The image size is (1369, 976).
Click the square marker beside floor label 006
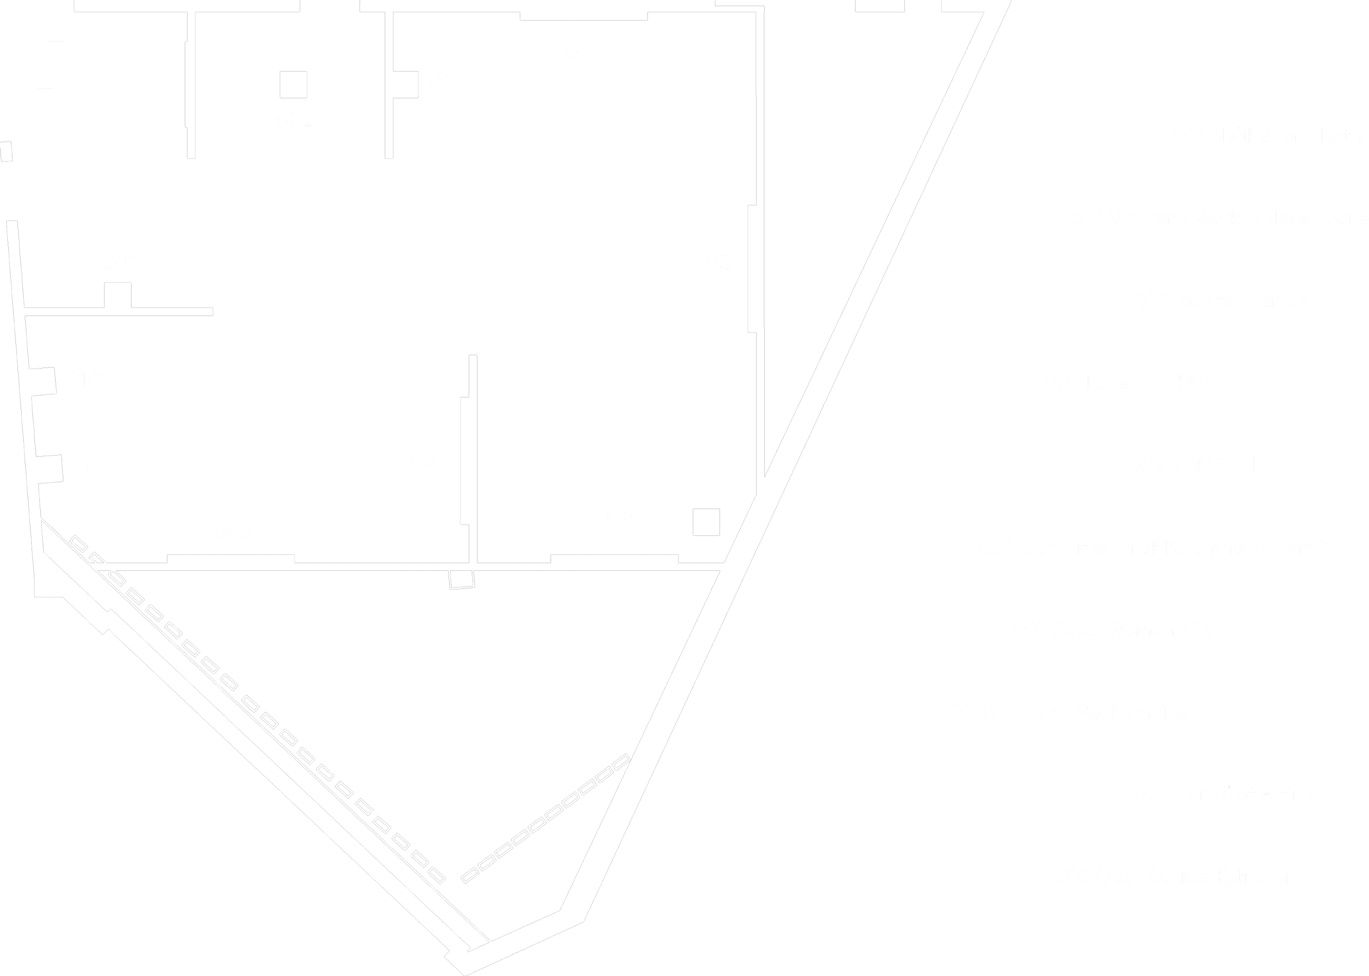point(706,522)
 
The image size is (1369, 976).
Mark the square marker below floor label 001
point(118,295)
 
